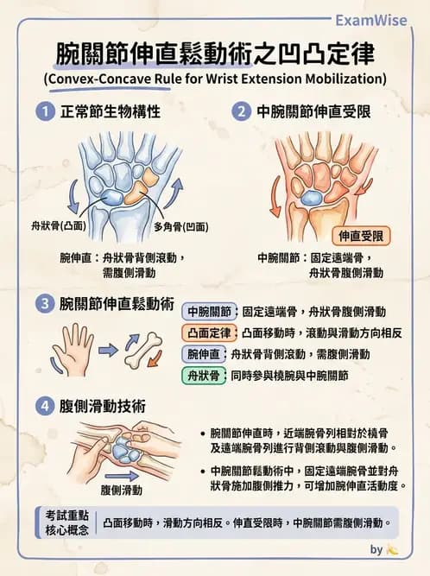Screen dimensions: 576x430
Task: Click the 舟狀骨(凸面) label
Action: [x=53, y=226]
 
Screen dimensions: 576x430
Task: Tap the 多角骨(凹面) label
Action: [x=180, y=226]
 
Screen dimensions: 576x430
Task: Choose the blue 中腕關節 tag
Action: [x=209, y=311]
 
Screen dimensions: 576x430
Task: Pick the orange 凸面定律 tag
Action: [x=209, y=332]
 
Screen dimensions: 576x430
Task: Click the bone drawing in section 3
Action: [x=142, y=349]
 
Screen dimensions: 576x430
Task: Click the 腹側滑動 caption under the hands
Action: [x=121, y=490]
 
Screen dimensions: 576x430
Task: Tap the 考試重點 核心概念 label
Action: [x=66, y=522]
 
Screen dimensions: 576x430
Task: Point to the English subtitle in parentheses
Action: [x=214, y=79]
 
